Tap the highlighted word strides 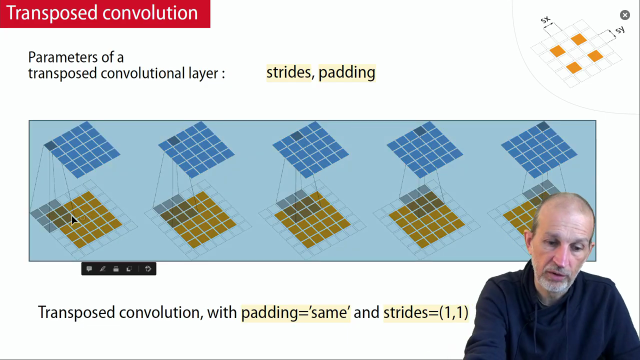point(288,72)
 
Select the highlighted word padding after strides point(347,73)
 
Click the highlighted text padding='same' point(295,313)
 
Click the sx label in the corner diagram point(545,19)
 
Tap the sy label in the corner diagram point(620,29)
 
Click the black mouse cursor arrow point(74,220)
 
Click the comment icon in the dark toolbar point(89,269)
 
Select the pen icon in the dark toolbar point(102,269)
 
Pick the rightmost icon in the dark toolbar point(148,269)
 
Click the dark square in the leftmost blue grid point(50,145)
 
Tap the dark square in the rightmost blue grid point(543,126)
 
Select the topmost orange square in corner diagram point(578,39)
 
